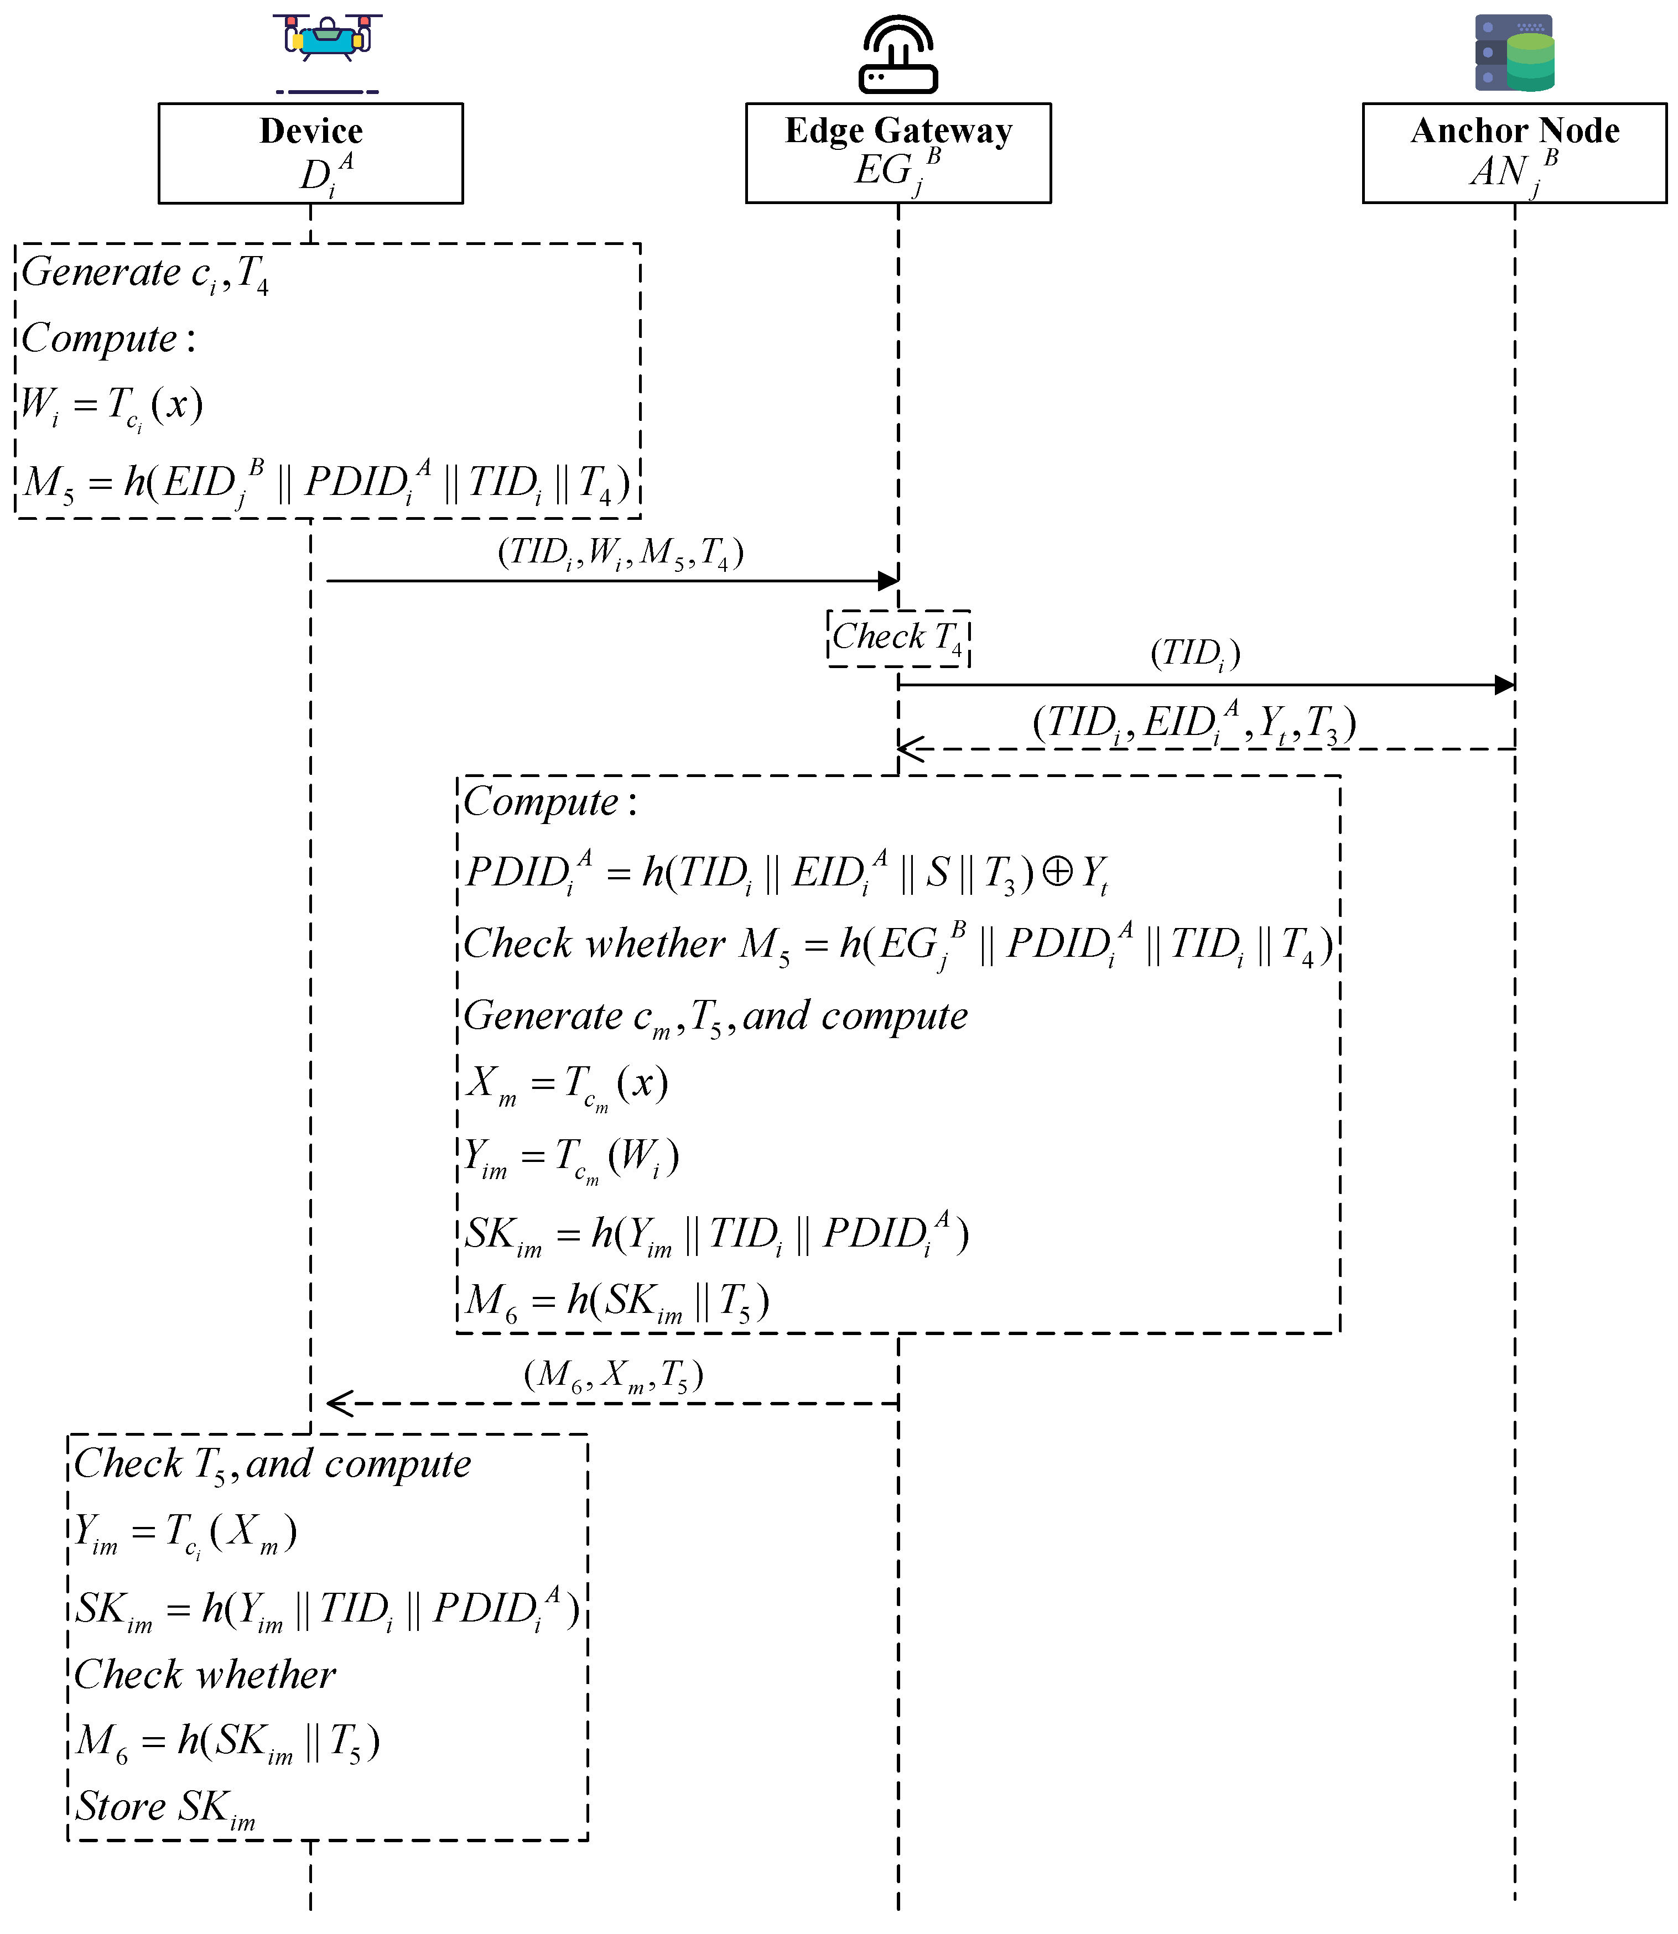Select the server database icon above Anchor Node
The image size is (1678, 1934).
pyautogui.click(x=1514, y=53)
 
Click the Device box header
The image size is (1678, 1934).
pyautogui.click(x=311, y=153)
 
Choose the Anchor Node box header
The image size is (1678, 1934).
pyautogui.click(x=1514, y=153)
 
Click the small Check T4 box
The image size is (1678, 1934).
pyautogui.click(x=898, y=638)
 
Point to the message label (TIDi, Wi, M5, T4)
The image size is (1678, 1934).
pyautogui.click(x=620, y=553)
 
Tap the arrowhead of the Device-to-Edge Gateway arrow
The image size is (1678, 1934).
pyautogui.click(x=888, y=580)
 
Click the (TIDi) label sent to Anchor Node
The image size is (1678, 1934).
pyautogui.click(x=1195, y=653)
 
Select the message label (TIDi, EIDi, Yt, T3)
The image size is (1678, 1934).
pyautogui.click(x=1194, y=723)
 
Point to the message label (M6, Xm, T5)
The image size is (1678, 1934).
pyautogui.click(x=614, y=1375)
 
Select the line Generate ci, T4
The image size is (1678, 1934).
pyautogui.click(x=145, y=273)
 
